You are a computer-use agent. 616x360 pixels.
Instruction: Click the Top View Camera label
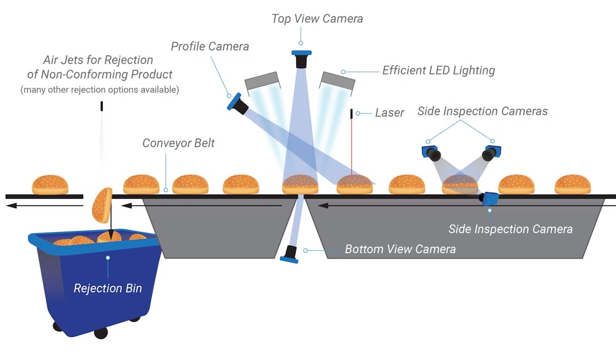click(317, 19)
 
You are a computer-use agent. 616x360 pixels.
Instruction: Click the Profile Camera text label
click(209, 47)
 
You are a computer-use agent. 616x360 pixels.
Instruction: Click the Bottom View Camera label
click(400, 250)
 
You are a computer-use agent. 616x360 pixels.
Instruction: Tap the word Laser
click(390, 112)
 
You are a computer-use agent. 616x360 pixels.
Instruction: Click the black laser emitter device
click(352, 115)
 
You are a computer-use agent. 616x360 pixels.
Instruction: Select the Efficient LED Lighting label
click(438, 70)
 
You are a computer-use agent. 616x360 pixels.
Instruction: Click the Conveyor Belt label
click(178, 143)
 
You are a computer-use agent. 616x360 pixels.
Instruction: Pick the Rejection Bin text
click(107, 288)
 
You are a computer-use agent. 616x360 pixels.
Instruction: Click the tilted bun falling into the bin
click(102, 204)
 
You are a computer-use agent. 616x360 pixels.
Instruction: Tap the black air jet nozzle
click(102, 106)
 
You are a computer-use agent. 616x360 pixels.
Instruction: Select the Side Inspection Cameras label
click(483, 111)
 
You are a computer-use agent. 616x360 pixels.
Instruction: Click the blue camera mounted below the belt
click(490, 199)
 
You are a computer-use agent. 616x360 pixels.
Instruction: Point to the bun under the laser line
click(354, 184)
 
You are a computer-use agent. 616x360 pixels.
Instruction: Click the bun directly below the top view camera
click(300, 184)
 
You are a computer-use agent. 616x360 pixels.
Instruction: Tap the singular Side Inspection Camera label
click(510, 229)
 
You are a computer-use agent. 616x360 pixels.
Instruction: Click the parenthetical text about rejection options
click(100, 90)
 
